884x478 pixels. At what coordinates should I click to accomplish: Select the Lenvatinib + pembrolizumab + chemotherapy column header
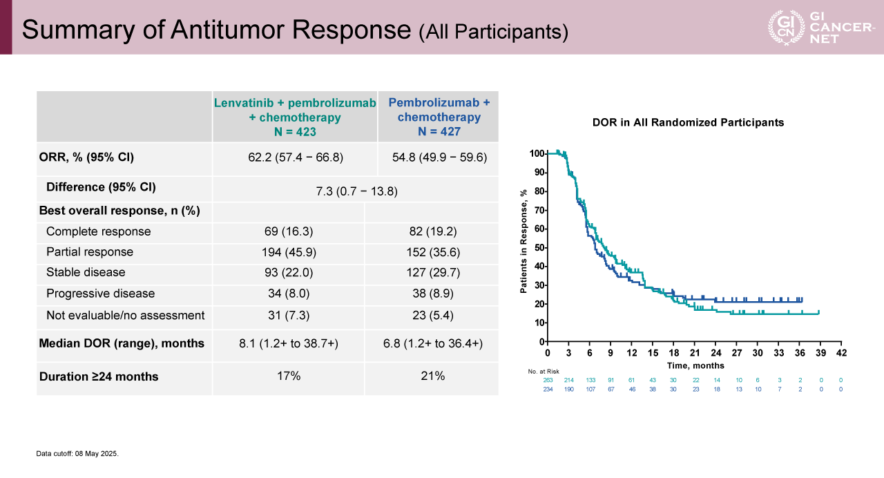pyautogui.click(x=295, y=117)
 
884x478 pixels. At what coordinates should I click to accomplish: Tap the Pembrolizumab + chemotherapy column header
pyautogui.click(x=439, y=117)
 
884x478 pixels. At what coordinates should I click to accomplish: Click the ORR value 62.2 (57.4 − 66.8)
pyautogui.click(x=295, y=157)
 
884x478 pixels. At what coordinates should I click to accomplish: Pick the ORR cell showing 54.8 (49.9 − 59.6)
pyautogui.click(x=439, y=157)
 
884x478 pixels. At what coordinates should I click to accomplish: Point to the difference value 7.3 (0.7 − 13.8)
pyautogui.click(x=354, y=190)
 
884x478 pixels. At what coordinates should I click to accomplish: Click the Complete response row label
pyautogui.click(x=98, y=231)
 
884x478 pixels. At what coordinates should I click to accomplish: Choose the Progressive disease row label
pyautogui.click(x=100, y=294)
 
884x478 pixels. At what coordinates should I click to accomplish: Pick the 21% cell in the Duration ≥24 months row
pyautogui.click(x=432, y=376)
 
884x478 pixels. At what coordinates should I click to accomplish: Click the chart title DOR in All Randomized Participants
pyautogui.click(x=688, y=122)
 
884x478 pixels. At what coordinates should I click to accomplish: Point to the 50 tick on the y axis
pyautogui.click(x=536, y=247)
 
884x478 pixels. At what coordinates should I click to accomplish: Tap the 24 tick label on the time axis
pyautogui.click(x=715, y=353)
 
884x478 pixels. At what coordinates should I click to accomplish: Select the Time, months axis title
pyautogui.click(x=695, y=365)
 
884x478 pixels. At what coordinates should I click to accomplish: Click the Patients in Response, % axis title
pyautogui.click(x=523, y=241)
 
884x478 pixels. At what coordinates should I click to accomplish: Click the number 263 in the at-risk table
pyautogui.click(x=548, y=381)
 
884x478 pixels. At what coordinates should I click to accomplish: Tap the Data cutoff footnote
pyautogui.click(x=77, y=454)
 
